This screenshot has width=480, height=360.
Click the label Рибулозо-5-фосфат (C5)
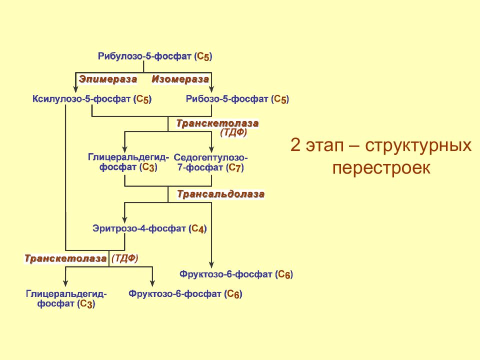(155, 56)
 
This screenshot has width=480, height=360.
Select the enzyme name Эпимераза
(108, 79)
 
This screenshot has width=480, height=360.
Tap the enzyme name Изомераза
(180, 79)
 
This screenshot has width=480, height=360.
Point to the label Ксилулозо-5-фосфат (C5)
(92, 99)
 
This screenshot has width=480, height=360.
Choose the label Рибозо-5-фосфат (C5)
(237, 99)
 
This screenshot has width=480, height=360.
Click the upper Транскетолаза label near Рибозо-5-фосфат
(217, 123)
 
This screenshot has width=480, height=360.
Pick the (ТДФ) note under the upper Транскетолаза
(233, 132)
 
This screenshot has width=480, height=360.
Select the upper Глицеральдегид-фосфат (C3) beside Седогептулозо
(128, 162)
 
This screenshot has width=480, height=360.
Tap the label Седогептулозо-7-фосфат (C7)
(210, 162)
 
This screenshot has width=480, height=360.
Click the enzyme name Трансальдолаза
(220, 194)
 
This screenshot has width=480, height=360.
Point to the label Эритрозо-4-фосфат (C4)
(149, 228)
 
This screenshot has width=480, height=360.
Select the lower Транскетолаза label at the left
(65, 258)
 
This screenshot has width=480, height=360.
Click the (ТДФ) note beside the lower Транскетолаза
(125, 258)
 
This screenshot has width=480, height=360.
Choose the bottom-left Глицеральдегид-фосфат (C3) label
(66, 299)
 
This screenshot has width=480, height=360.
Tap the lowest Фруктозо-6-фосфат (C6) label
(185, 294)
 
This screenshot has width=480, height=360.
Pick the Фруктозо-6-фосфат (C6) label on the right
(236, 274)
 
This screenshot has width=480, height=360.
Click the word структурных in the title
(418, 146)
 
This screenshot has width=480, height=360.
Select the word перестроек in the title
(381, 168)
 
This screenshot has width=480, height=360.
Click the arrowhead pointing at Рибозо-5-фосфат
(211, 89)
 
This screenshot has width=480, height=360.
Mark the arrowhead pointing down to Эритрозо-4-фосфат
(124, 219)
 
